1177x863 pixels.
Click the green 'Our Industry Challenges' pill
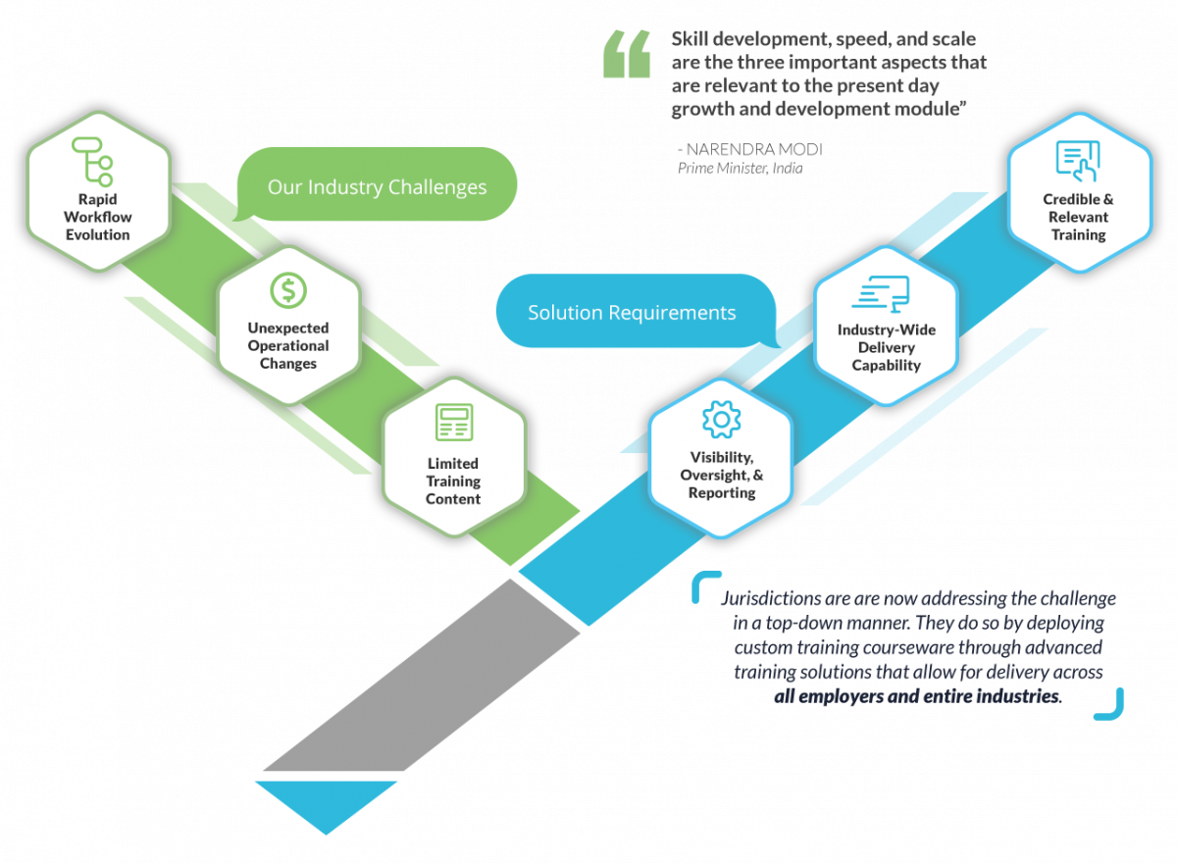point(378,186)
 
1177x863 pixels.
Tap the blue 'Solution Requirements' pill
point(633,313)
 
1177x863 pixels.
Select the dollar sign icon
point(288,289)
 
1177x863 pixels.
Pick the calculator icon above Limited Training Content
point(454,423)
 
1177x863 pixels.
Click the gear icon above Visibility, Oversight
point(721,420)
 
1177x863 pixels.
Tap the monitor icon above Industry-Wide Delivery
point(881,293)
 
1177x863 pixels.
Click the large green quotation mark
point(627,54)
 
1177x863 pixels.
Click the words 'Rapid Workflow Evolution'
point(97,217)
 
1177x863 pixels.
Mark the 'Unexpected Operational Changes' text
point(288,345)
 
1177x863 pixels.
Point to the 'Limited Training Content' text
point(453,481)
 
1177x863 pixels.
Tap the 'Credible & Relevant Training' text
point(1078,217)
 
